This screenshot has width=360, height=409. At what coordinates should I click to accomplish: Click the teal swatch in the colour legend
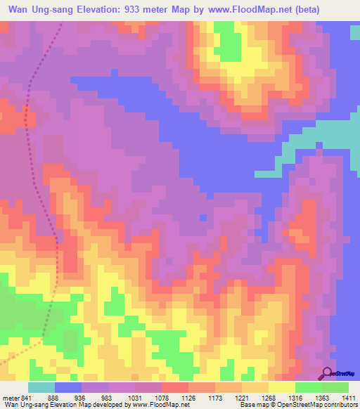coord(41,387)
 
